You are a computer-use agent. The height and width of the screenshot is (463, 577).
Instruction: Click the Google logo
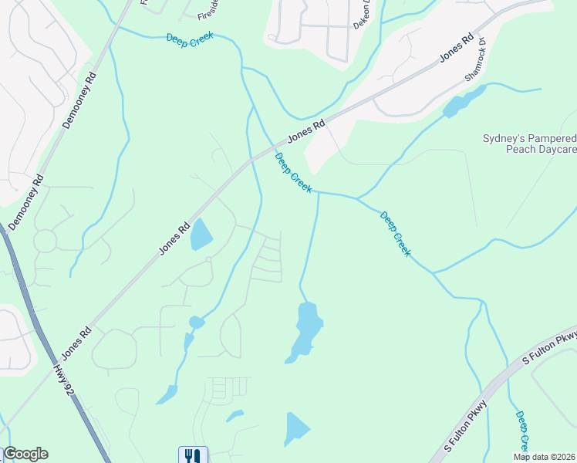click(25, 454)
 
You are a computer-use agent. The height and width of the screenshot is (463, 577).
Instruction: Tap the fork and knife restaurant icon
click(193, 455)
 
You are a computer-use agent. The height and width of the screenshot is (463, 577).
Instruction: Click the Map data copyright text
click(545, 457)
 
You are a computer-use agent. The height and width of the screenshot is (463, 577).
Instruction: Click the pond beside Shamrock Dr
click(463, 103)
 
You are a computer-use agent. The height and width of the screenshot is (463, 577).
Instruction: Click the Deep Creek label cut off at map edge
click(522, 431)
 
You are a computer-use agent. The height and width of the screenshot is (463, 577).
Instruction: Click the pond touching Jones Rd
click(201, 235)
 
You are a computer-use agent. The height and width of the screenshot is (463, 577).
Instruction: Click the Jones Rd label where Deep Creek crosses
click(306, 132)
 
